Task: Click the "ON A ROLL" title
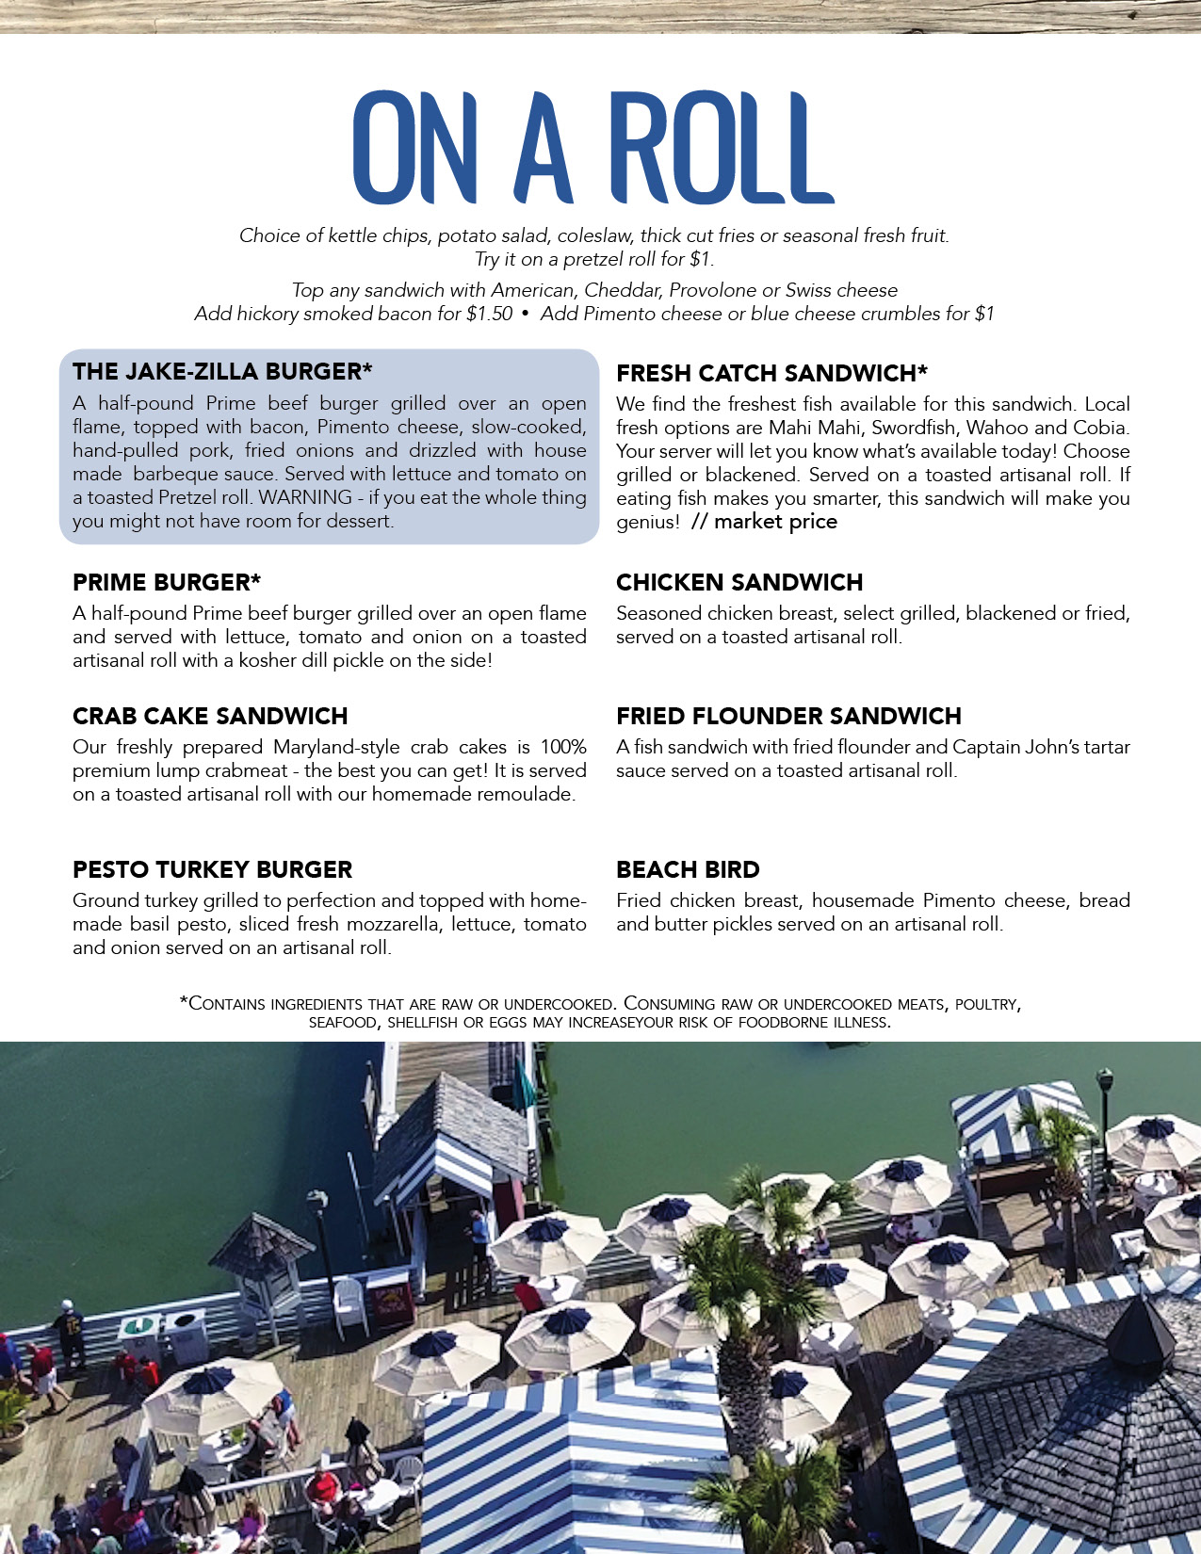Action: coord(593,148)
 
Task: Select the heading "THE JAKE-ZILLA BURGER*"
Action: coord(222,371)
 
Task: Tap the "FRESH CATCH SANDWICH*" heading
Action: coord(771,373)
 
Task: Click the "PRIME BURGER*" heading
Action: coord(167,582)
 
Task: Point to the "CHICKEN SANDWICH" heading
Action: coord(739,582)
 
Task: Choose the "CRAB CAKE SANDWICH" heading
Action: coord(210,716)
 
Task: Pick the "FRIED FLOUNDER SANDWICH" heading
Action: coord(788,716)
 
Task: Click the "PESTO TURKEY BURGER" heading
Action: coord(212,869)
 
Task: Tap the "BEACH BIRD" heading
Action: coord(688,869)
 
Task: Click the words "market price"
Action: coord(775,522)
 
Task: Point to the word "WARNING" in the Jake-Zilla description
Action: coord(305,497)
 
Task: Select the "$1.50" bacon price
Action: coord(489,314)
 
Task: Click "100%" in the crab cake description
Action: coord(563,747)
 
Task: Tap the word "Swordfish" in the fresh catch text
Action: coord(910,428)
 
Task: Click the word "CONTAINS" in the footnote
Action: coord(226,1004)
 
